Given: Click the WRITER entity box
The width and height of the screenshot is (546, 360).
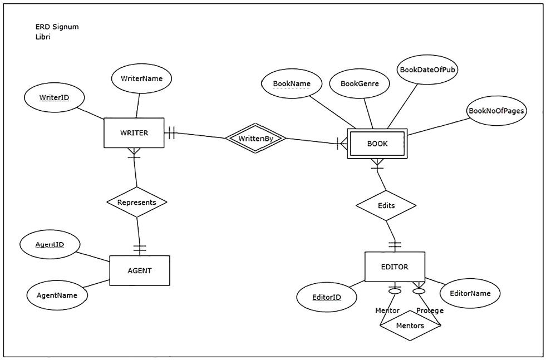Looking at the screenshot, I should tap(134, 133).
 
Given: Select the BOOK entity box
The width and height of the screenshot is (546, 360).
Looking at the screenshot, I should tap(377, 144).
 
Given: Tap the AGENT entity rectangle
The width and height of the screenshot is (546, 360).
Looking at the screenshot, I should tap(139, 270).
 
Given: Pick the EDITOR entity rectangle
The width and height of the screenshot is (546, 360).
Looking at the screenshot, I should tap(394, 267).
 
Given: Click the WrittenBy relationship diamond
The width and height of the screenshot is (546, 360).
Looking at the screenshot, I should tap(255, 138).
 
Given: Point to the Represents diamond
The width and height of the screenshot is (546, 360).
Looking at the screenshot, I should tap(137, 202).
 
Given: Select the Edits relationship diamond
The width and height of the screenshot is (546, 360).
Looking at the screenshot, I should tap(386, 205).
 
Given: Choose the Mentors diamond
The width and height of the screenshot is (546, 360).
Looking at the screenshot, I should tap(410, 326).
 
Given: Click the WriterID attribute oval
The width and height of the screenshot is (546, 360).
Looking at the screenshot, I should tap(54, 98).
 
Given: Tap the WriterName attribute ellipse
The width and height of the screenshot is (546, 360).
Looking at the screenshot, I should tap(141, 78).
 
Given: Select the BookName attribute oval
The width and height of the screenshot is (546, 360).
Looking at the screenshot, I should tap(292, 84).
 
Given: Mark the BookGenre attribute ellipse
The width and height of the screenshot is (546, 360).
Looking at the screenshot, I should tap(360, 84).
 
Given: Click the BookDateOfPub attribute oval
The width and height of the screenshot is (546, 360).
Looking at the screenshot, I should tap(429, 70).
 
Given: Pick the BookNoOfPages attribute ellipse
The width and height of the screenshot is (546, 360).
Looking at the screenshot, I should tap(496, 111).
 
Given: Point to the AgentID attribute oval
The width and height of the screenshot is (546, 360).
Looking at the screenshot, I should tap(50, 245).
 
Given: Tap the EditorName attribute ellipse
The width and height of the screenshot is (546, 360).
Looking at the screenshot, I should tap(470, 293).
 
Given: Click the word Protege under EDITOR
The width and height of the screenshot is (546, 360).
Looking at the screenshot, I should tap(430, 310).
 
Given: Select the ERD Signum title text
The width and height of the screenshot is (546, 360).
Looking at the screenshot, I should tap(53, 26).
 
